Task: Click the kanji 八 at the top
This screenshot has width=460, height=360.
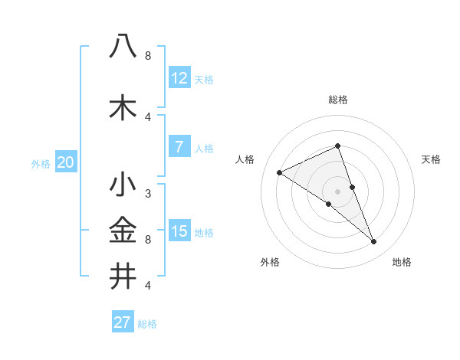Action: pyautogui.click(x=123, y=47)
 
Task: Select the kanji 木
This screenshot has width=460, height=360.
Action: pyautogui.click(x=123, y=108)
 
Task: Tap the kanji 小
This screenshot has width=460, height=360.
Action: pyautogui.click(x=123, y=185)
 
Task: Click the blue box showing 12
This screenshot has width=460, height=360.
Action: pyautogui.click(x=179, y=78)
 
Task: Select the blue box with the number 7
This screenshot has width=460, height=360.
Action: pyautogui.click(x=179, y=147)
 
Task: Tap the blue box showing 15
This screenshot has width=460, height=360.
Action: pyautogui.click(x=179, y=231)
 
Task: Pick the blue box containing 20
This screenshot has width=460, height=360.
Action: pyautogui.click(x=66, y=162)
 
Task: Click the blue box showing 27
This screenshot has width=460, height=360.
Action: pyautogui.click(x=123, y=322)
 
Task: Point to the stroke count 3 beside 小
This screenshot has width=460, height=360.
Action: pyautogui.click(x=148, y=194)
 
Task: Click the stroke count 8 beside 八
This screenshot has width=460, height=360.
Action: pyautogui.click(x=148, y=56)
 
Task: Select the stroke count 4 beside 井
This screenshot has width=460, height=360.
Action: pyautogui.click(x=148, y=286)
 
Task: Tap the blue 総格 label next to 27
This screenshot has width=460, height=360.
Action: pyautogui.click(x=147, y=324)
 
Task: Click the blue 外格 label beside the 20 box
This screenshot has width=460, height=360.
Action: pyautogui.click(x=41, y=163)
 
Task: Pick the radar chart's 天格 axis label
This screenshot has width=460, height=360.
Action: pyautogui.click(x=432, y=159)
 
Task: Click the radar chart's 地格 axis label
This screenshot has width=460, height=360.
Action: pyautogui.click(x=402, y=262)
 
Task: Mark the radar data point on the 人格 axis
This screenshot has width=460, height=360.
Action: pyautogui.click(x=279, y=172)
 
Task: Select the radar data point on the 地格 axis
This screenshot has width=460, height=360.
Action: pyautogui.click(x=374, y=242)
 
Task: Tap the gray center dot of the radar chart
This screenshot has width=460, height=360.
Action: pyautogui.click(x=337, y=191)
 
